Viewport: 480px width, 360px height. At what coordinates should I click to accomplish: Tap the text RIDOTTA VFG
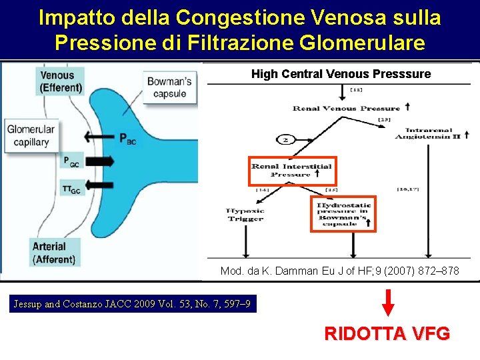(x=387, y=333)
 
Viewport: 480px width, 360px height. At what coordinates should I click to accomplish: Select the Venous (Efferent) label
(x=61, y=81)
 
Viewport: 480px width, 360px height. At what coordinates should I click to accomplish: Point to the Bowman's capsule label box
(x=169, y=87)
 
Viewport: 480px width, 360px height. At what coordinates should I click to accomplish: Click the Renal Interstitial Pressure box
(x=293, y=171)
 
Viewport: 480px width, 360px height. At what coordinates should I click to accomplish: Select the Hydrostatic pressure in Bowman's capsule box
(x=343, y=213)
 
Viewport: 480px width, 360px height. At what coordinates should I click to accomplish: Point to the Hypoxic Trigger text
(x=245, y=215)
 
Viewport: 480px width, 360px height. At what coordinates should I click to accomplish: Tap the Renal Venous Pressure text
(x=346, y=108)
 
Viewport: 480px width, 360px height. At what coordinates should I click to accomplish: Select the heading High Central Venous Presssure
(x=341, y=74)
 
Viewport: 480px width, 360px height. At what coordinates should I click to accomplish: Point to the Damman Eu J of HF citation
(x=339, y=272)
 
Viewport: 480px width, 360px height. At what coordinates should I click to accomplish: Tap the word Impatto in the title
(x=75, y=17)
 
